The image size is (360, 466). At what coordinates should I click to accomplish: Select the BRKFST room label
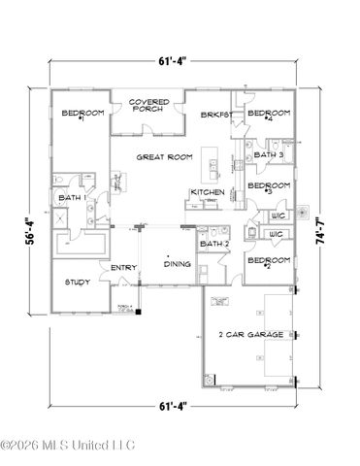(213, 114)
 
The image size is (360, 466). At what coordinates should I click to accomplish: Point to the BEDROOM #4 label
(267, 115)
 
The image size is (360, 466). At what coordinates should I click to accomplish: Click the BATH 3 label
(268, 155)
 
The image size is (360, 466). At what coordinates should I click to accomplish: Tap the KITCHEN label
(208, 192)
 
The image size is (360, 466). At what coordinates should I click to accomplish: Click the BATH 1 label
(73, 199)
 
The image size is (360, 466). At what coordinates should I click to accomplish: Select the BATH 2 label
(213, 243)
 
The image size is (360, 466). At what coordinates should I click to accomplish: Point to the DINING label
(177, 263)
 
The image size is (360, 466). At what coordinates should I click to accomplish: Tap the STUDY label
(77, 283)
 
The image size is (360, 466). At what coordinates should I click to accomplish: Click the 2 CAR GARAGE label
(252, 334)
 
